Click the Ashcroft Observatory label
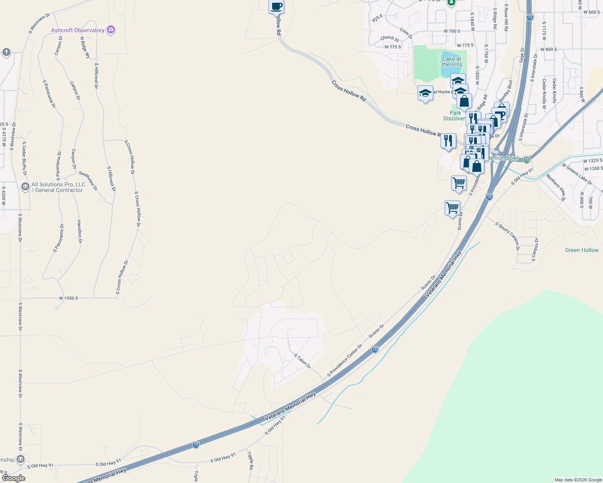point(78,30)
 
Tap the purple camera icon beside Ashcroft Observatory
point(111,30)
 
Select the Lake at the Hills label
point(452,62)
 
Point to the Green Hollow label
point(582,250)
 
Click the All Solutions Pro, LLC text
point(58,187)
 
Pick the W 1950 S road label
point(69,298)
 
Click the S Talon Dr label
point(302,361)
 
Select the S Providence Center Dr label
point(345,360)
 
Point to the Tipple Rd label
point(250,460)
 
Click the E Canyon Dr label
point(534,249)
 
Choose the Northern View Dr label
point(556,187)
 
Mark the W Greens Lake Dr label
point(577,174)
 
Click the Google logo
point(13,478)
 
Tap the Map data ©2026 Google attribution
point(578,480)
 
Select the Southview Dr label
point(88,180)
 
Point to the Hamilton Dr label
point(79,231)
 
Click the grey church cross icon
point(6,52)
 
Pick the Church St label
point(389,38)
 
